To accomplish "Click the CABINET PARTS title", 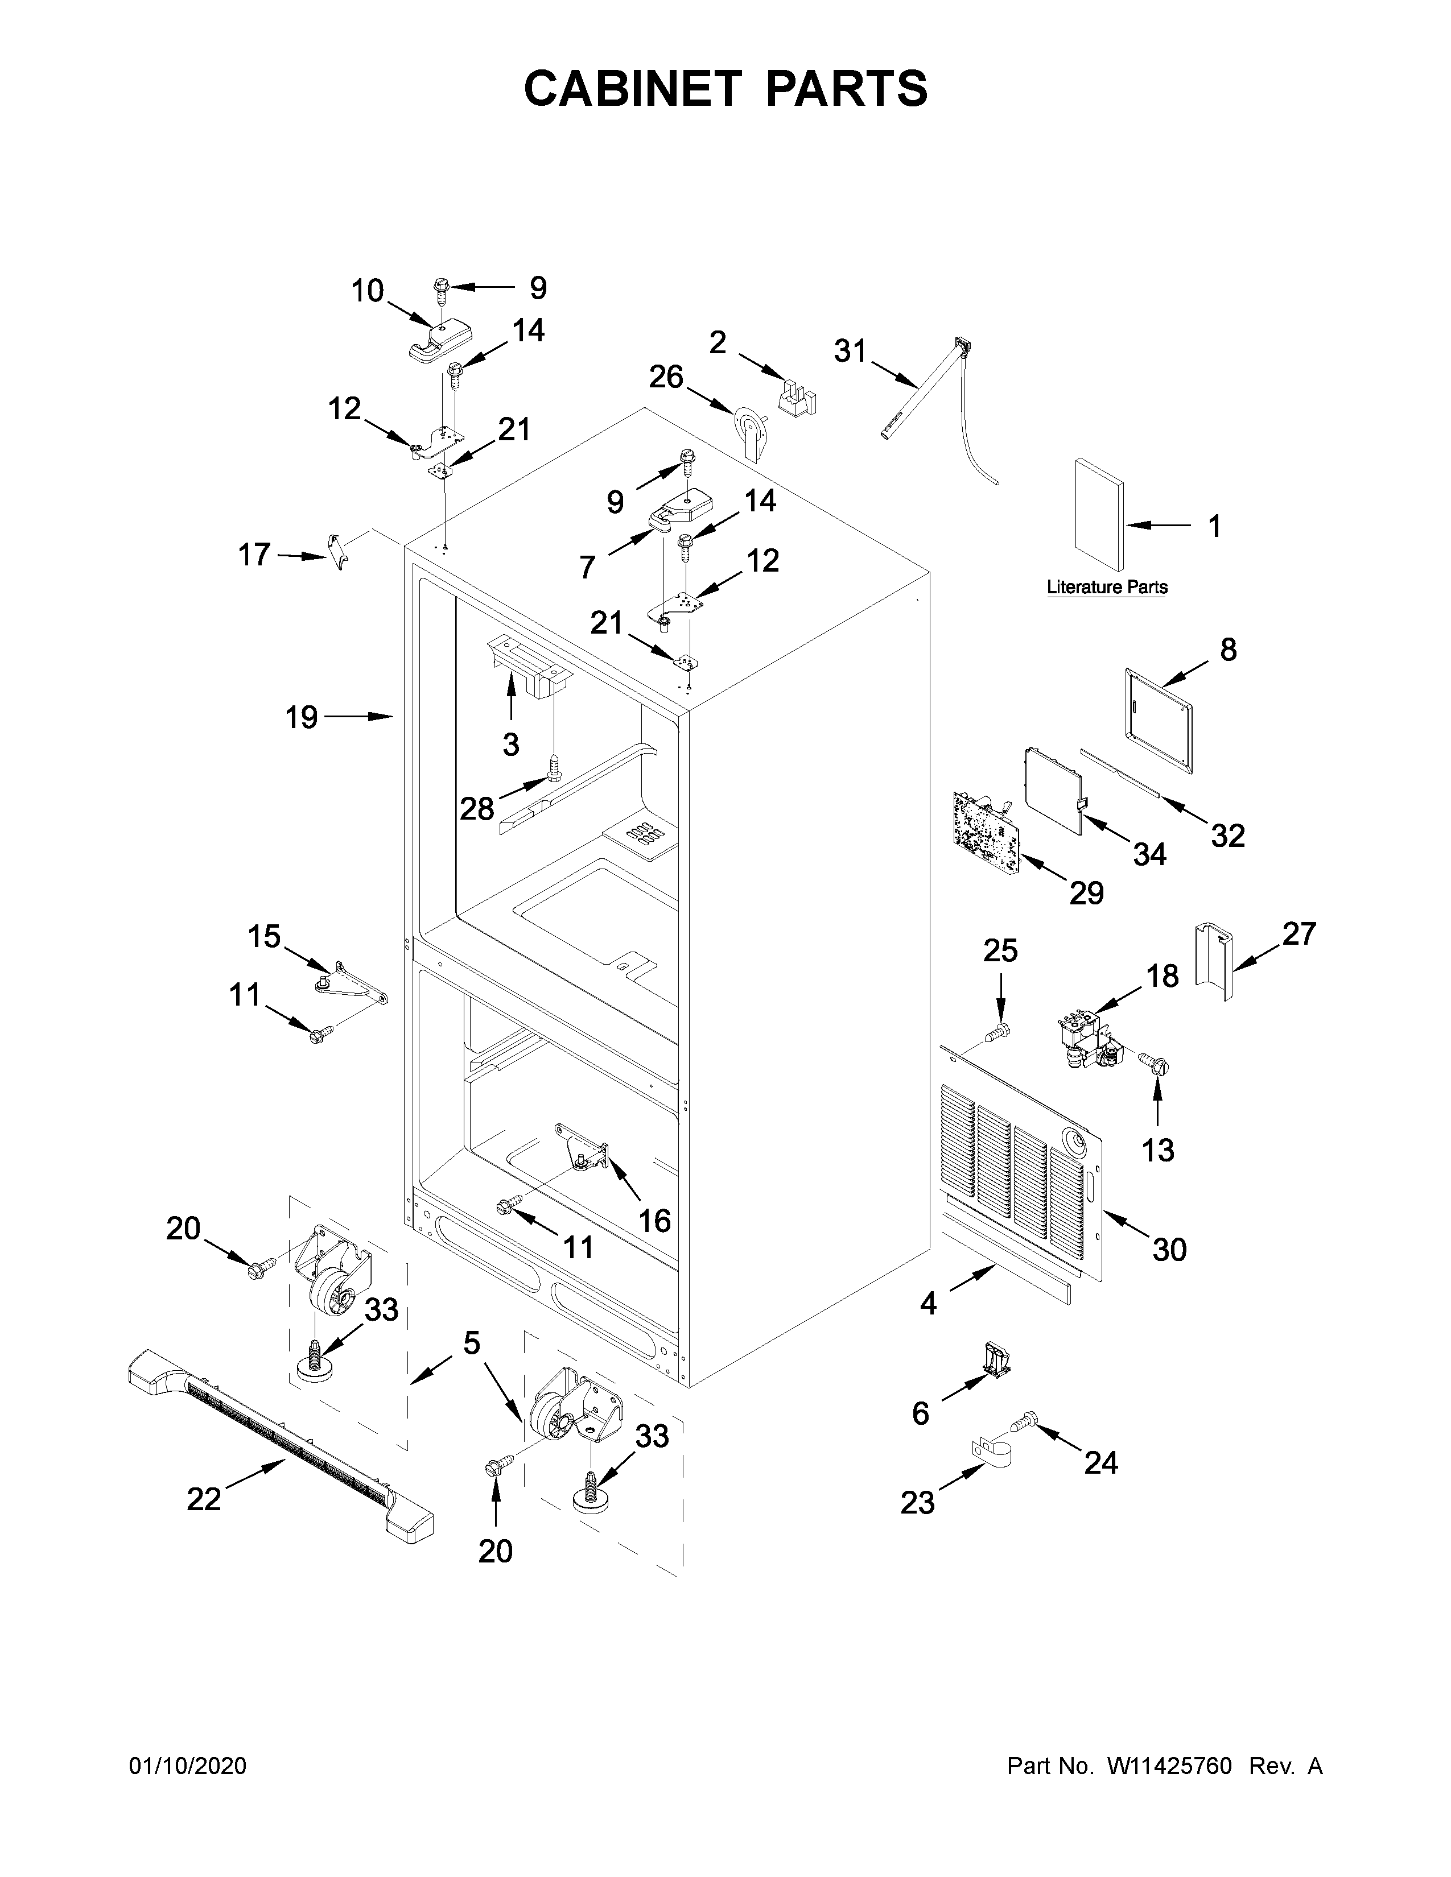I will pyautogui.click(x=725, y=89).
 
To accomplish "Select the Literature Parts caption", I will pyautogui.click(x=1106, y=587).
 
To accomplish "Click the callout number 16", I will pyautogui.click(x=654, y=1219).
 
